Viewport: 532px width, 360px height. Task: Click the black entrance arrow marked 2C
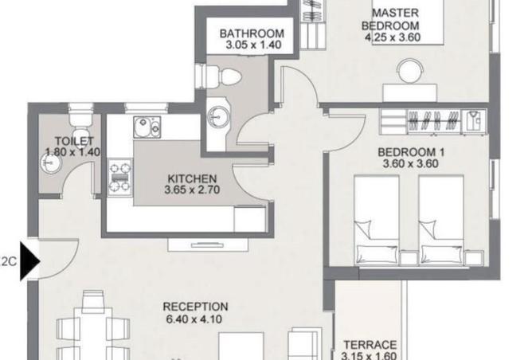(29, 261)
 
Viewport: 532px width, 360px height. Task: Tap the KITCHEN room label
(192, 178)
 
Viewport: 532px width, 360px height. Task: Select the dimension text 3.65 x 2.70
(192, 190)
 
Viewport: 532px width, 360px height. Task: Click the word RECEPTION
(195, 307)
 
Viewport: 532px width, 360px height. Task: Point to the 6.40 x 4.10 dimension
(194, 319)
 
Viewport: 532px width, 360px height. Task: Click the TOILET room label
(74, 141)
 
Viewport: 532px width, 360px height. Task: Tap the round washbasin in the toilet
(51, 162)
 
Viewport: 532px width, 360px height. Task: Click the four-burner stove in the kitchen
(119, 177)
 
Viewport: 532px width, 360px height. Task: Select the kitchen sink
(147, 127)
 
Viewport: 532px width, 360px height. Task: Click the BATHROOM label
(252, 33)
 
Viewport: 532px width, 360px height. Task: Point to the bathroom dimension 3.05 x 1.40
(253, 45)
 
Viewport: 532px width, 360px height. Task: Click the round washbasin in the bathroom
(218, 117)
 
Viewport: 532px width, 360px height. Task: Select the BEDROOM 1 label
(411, 152)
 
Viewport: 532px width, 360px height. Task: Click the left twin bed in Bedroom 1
(376, 220)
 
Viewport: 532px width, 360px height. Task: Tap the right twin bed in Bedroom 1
(441, 220)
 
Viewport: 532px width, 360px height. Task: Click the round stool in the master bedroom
(410, 71)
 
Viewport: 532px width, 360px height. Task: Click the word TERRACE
(370, 345)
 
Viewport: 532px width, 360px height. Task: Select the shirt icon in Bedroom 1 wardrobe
(474, 121)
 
